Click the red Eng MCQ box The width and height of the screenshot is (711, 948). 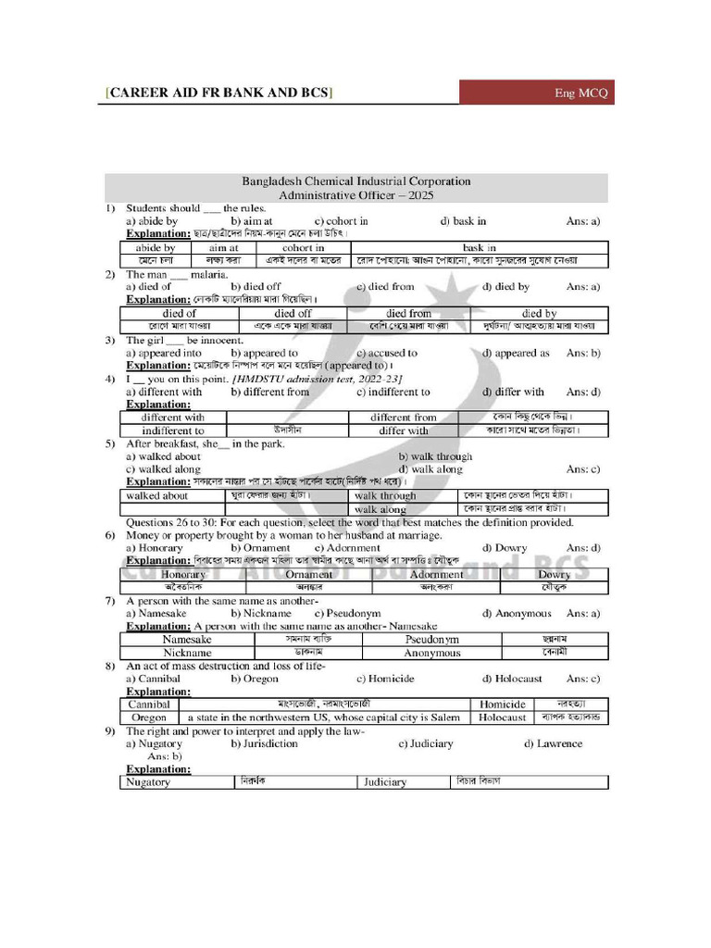tap(537, 93)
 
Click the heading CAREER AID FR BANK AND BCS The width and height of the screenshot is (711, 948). tap(219, 93)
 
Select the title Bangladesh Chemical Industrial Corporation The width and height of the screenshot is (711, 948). tap(356, 181)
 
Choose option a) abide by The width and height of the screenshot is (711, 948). tap(152, 221)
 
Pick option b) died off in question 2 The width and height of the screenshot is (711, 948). tap(256, 287)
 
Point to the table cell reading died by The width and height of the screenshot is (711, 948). tap(539, 314)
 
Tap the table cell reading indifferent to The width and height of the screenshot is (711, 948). tap(173, 430)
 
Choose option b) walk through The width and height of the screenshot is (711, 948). tap(435, 456)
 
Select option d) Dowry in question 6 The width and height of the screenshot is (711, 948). tap(505, 548)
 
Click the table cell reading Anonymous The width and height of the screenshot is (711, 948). tap(432, 653)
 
